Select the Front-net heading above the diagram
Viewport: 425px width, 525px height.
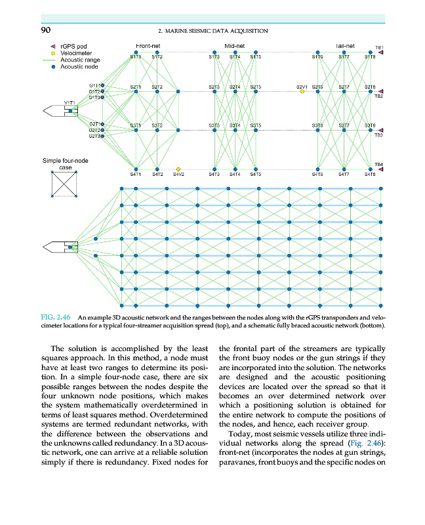point(144,46)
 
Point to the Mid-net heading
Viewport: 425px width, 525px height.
point(234,46)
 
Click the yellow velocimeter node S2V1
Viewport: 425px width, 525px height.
point(302,92)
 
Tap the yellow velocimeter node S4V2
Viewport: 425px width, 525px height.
point(178,169)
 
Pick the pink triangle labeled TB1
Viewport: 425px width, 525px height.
point(381,53)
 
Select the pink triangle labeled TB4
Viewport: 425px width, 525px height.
point(381,169)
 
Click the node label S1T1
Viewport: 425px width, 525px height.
point(136,58)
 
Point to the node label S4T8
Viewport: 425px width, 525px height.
point(370,175)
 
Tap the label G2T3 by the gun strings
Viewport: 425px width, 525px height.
point(95,136)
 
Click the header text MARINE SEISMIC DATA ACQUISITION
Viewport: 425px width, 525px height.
point(214,30)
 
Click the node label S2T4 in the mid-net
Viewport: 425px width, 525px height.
point(235,87)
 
